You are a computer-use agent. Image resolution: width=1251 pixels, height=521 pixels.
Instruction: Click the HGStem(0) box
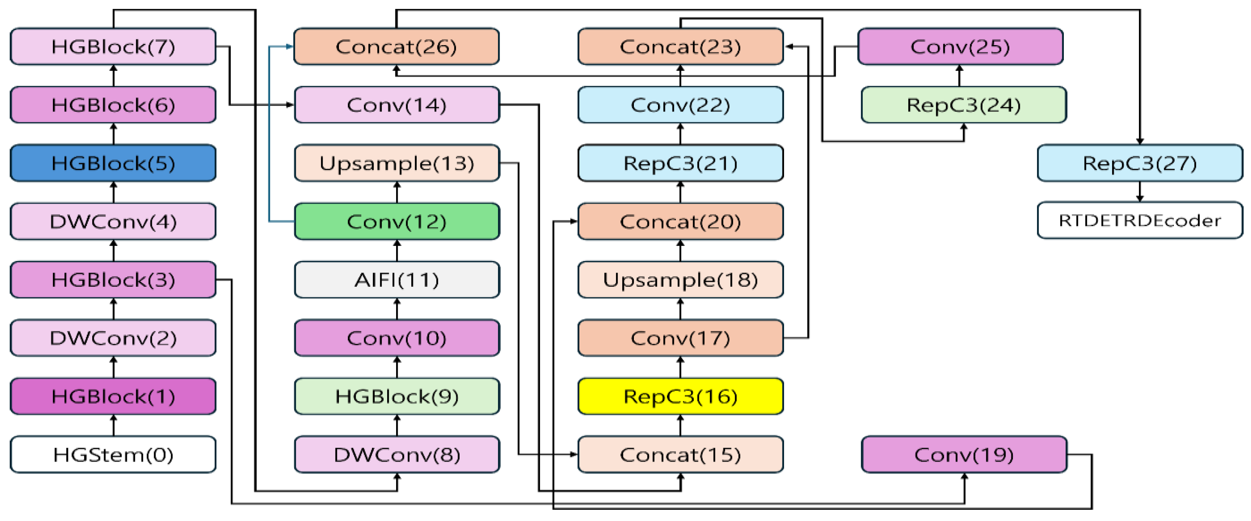(x=113, y=455)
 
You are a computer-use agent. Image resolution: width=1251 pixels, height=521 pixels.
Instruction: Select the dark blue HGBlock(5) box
(x=113, y=163)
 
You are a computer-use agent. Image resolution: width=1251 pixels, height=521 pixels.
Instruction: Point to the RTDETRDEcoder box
(x=1139, y=221)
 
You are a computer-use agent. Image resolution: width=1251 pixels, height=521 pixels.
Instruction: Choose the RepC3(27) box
(x=1139, y=163)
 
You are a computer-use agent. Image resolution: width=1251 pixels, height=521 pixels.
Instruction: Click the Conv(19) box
(x=963, y=455)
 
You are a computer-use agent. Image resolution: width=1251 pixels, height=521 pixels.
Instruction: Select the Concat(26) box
(x=396, y=47)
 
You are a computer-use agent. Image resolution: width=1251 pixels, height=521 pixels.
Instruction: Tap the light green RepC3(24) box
(x=963, y=105)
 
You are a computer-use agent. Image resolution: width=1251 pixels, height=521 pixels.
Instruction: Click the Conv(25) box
(x=960, y=47)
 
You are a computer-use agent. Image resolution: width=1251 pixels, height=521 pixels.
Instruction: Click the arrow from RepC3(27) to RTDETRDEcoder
(x=1139, y=192)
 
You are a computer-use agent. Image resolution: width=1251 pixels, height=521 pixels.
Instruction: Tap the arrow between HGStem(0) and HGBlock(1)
(x=114, y=425)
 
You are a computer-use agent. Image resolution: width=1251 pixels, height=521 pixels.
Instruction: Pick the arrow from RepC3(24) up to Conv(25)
(x=960, y=76)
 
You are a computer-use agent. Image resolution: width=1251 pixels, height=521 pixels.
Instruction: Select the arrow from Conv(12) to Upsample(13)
(x=397, y=192)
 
